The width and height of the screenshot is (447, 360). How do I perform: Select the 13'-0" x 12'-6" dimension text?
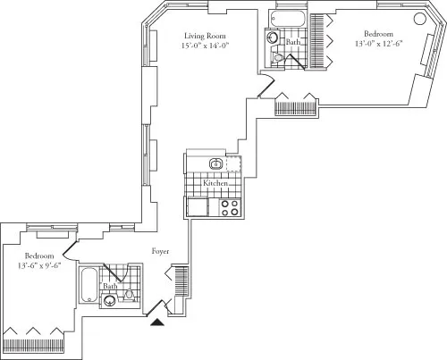point(365,41)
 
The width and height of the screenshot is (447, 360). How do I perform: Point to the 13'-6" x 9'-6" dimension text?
point(38,265)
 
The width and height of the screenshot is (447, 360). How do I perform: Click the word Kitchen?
point(216,182)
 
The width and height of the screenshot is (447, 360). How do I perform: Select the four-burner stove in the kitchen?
point(229,207)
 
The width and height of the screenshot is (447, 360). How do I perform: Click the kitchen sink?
point(215,164)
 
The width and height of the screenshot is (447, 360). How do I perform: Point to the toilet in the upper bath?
point(279,56)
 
